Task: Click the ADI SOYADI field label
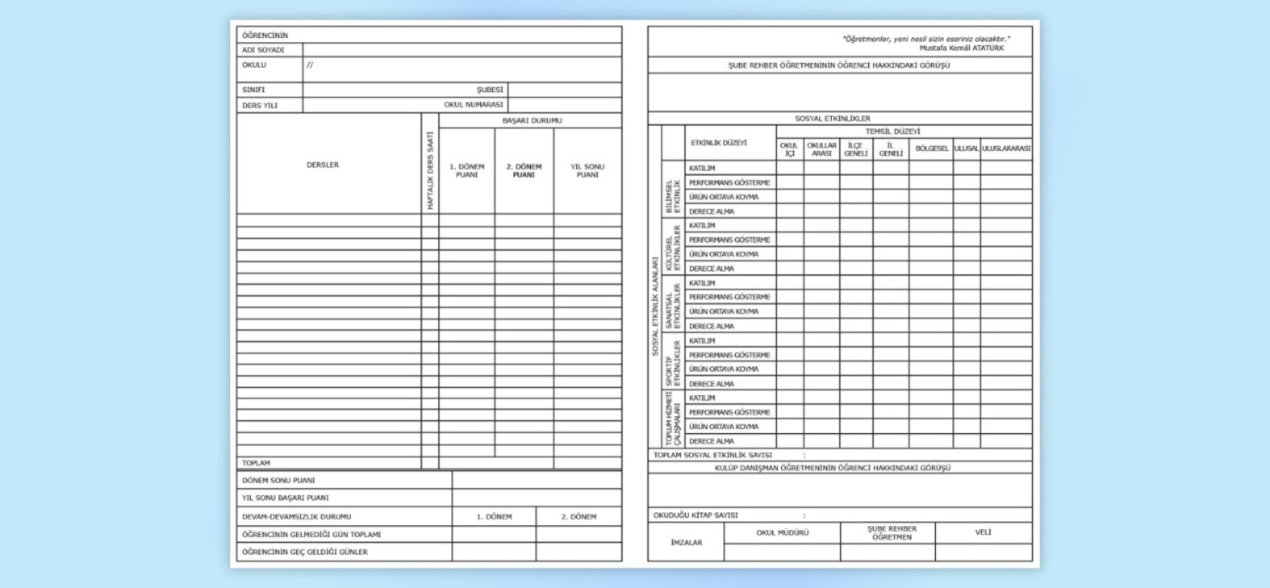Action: click(x=263, y=50)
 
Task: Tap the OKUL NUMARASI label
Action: click(x=473, y=105)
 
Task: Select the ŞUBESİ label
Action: click(x=490, y=90)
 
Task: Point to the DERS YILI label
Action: click(x=260, y=105)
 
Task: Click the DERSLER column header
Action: click(x=322, y=165)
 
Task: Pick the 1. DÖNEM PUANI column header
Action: click(x=467, y=171)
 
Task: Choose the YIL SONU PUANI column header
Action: click(x=587, y=171)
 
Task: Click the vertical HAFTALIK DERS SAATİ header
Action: click(x=430, y=171)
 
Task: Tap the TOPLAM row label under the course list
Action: click(x=256, y=462)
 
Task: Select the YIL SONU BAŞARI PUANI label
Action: click(x=285, y=498)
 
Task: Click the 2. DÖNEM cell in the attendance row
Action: click(x=579, y=516)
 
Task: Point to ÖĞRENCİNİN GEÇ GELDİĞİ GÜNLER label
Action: click(x=305, y=551)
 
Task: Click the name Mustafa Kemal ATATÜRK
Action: click(x=961, y=48)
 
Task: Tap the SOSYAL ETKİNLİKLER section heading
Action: click(x=833, y=118)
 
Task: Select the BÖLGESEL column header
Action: click(x=931, y=149)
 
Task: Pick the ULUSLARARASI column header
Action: click(x=1006, y=149)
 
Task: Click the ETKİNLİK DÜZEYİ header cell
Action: click(x=718, y=143)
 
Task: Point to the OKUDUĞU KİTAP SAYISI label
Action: click(x=695, y=515)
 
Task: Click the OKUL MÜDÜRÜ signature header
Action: click(x=782, y=532)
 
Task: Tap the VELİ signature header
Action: click(x=983, y=532)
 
